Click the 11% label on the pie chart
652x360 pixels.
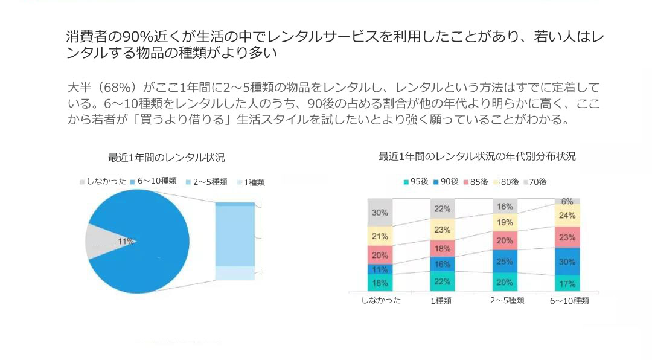click(x=126, y=241)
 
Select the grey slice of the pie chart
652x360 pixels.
click(x=100, y=242)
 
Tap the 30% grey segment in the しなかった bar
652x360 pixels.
click(x=380, y=213)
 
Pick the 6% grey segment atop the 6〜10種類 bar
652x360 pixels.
click(x=567, y=201)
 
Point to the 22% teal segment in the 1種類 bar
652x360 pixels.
click(x=442, y=281)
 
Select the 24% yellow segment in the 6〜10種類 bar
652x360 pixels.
click(x=567, y=215)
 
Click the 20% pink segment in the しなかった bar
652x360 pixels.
click(x=380, y=255)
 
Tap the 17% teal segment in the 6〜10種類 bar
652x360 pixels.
click(x=567, y=283)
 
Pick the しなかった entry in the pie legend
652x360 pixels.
click(x=103, y=181)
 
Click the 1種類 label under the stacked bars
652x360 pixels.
click(x=441, y=301)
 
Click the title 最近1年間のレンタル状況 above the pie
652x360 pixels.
click(x=167, y=158)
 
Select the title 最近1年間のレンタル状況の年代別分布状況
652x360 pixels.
click(x=477, y=156)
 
